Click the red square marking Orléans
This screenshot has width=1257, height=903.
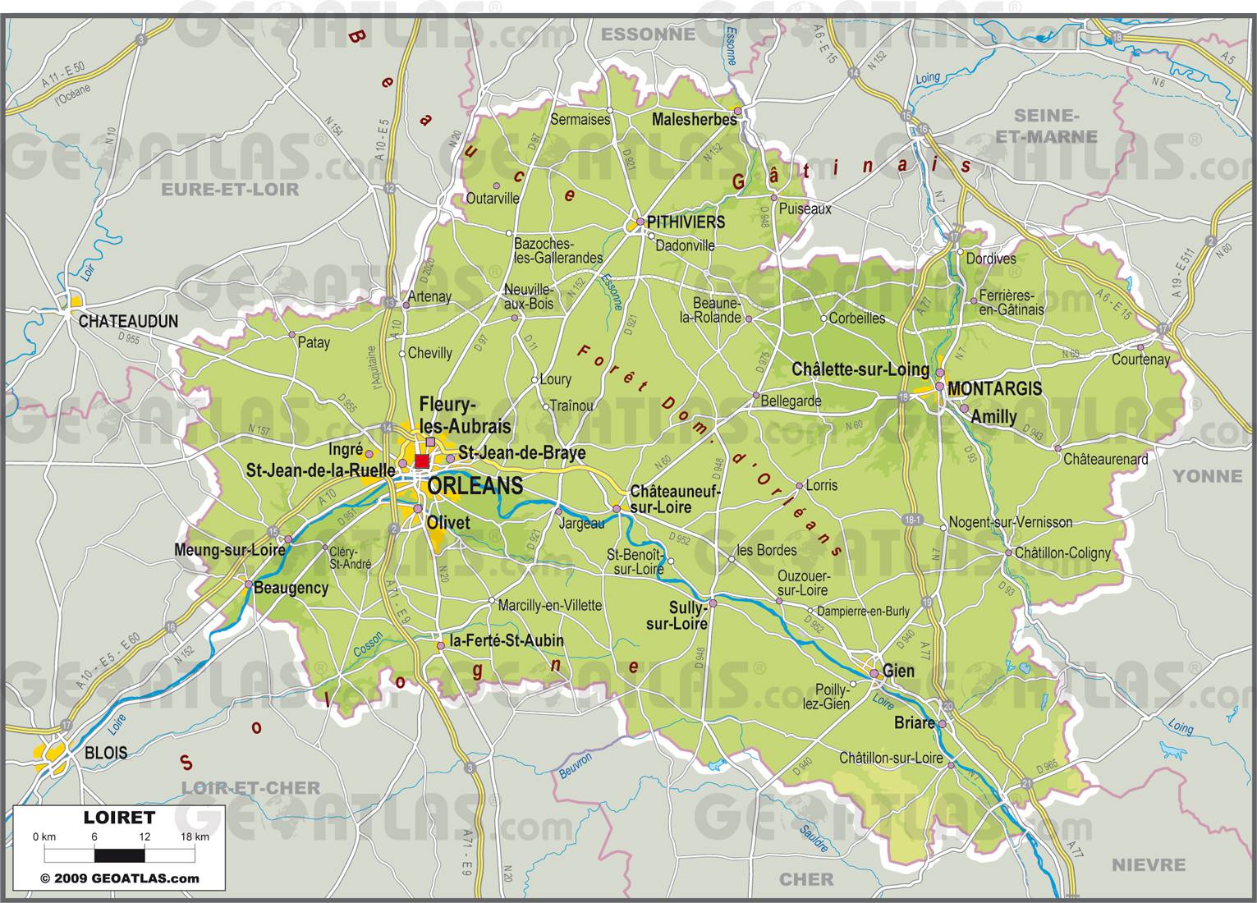pyautogui.click(x=422, y=461)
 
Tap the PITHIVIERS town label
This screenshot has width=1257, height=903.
pyautogui.click(x=686, y=222)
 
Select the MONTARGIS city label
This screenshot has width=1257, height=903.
pyautogui.click(x=994, y=389)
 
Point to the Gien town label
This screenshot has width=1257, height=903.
pyautogui.click(x=898, y=671)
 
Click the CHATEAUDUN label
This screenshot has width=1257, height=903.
pyautogui.click(x=128, y=322)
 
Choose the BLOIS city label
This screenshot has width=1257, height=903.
pyautogui.click(x=106, y=753)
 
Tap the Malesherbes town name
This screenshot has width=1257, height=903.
pyautogui.click(x=694, y=120)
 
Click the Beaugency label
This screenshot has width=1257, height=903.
pyautogui.click(x=291, y=588)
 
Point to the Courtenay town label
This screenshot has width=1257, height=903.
pyautogui.click(x=1140, y=360)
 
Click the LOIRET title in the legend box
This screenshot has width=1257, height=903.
pyautogui.click(x=119, y=818)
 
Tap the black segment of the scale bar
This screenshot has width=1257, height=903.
pyautogui.click(x=120, y=855)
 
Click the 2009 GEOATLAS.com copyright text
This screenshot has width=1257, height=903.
pyautogui.click(x=120, y=878)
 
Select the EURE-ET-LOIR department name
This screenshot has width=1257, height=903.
pyautogui.click(x=230, y=190)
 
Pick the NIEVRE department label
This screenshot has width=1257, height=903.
pyautogui.click(x=1148, y=864)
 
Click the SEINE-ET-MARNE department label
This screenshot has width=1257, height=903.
pyautogui.click(x=1045, y=126)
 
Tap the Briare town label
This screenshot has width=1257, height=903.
pyautogui.click(x=914, y=723)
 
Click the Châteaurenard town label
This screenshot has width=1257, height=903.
pyautogui.click(x=1105, y=460)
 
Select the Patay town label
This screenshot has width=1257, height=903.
pyautogui.click(x=314, y=342)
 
